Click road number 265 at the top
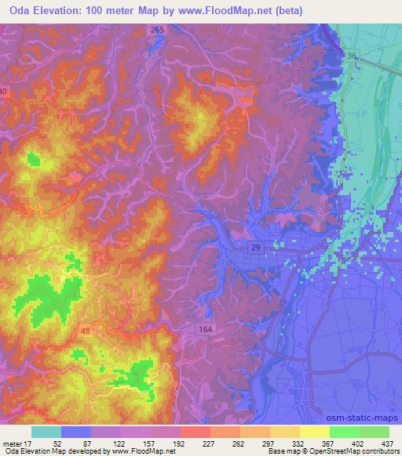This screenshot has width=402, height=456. tap(158, 30)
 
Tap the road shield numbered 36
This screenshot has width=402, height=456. tap(352, 56)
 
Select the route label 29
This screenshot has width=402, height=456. tap(256, 247)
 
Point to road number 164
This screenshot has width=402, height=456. tap(206, 330)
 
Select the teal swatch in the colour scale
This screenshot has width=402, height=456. tap(46, 432)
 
